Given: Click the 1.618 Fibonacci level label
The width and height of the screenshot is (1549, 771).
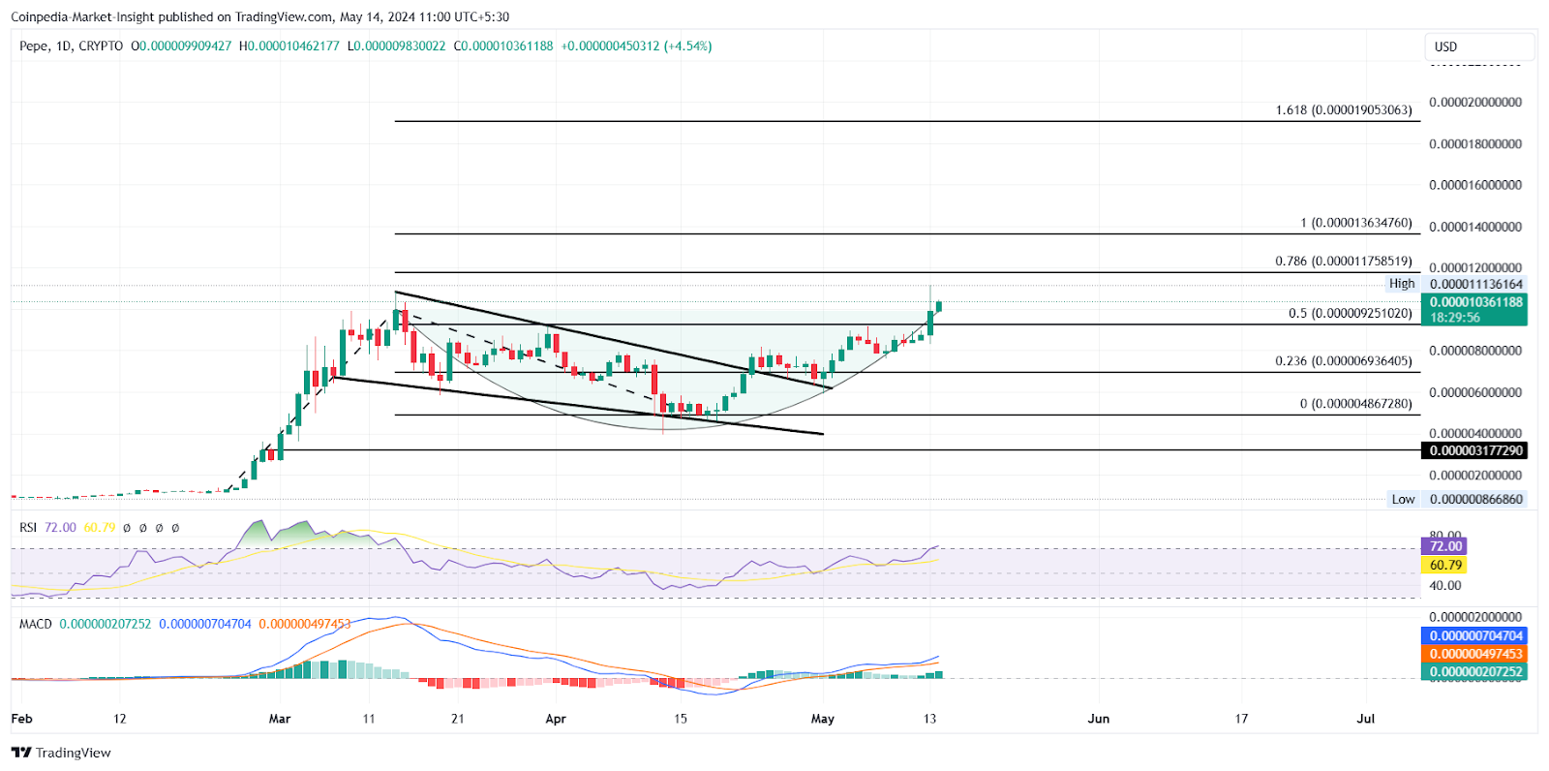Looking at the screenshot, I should [x=1343, y=110].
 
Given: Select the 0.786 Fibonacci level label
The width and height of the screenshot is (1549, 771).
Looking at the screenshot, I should [x=1343, y=262].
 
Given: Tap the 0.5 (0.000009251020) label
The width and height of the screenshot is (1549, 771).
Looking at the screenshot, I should [x=1350, y=314].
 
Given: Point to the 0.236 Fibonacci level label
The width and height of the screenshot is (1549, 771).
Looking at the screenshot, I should [x=1343, y=361].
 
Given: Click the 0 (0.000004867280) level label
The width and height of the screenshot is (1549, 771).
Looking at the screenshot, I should [x=1355, y=404].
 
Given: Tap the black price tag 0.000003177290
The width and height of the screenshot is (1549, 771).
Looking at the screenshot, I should [x=1474, y=450].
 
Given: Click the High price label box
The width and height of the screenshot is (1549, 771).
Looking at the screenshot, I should [x=1401, y=284].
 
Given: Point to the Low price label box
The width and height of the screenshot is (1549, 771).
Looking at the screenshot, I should [x=1403, y=500].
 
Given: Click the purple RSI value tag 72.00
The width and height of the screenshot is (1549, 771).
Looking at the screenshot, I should [x=1444, y=546].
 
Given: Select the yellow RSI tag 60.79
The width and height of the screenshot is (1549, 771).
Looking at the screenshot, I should [x=1444, y=565].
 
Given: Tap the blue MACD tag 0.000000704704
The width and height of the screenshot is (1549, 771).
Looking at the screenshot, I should [x=1474, y=636].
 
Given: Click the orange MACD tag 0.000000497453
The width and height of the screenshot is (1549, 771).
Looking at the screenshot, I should [x=1474, y=654].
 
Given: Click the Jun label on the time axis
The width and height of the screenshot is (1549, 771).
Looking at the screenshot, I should [x=1098, y=719].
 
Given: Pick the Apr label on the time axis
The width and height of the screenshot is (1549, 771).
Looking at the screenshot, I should [x=555, y=719].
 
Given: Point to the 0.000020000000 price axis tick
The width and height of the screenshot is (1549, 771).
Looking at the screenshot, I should [x=1474, y=103].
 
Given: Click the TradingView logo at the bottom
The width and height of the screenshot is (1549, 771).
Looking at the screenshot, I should [x=61, y=753].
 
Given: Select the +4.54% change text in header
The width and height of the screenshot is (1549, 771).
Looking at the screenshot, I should [x=687, y=46].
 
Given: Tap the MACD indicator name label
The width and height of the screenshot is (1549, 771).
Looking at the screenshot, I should [x=36, y=624].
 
